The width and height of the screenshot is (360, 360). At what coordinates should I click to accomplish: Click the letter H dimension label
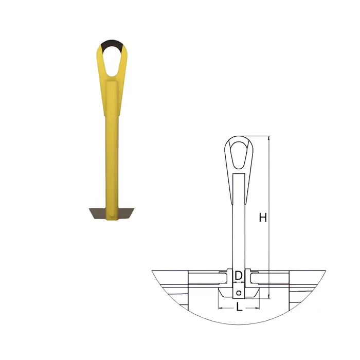click(263, 218)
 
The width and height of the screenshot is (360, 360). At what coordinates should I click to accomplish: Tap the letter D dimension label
click(239, 275)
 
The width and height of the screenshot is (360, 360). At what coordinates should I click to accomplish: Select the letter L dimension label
click(239, 307)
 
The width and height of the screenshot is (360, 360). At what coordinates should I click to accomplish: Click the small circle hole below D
click(239, 293)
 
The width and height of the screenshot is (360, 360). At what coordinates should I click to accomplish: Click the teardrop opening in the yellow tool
click(112, 61)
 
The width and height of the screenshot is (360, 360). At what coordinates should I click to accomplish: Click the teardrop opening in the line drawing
click(239, 155)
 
